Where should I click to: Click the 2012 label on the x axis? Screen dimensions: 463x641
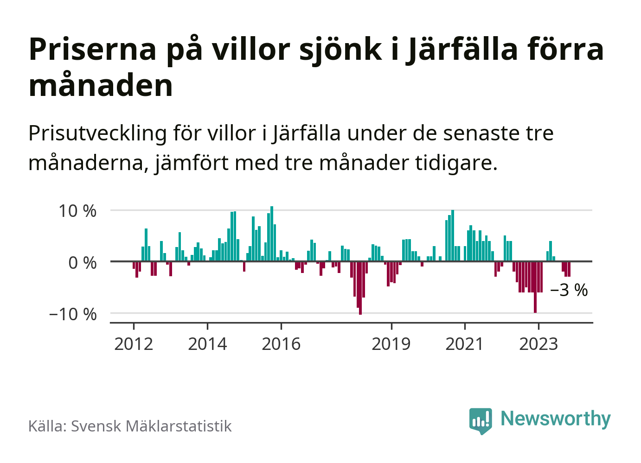[x=134, y=344]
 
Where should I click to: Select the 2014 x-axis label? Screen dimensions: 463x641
[x=207, y=344]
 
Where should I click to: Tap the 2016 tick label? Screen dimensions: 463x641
[x=281, y=344]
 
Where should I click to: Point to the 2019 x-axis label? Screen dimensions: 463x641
[x=391, y=344]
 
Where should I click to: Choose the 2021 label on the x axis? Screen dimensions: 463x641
[x=464, y=344]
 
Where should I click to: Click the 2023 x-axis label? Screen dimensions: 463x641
[x=538, y=344]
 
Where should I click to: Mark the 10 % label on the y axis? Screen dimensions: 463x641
[x=77, y=211]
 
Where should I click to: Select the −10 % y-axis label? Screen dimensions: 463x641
[x=73, y=314]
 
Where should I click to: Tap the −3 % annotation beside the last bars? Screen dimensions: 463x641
[x=569, y=290]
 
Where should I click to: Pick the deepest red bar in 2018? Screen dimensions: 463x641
[x=360, y=288]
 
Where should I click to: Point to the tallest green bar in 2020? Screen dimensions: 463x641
[x=453, y=235]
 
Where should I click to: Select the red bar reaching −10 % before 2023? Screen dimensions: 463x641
[x=535, y=287]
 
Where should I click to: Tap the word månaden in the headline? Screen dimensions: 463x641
[x=101, y=86]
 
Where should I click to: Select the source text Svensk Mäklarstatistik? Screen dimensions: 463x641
[x=151, y=426]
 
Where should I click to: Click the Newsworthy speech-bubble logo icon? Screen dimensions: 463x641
[x=480, y=420]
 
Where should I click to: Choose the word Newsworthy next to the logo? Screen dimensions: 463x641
[x=556, y=419]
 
